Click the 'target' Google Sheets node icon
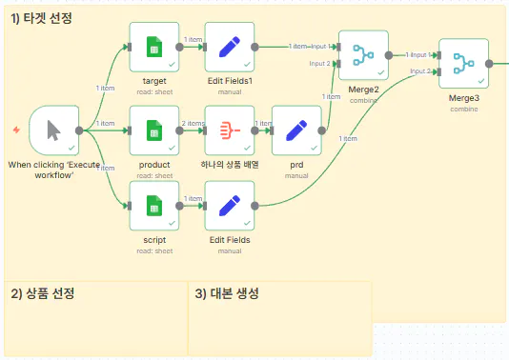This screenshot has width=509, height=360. pos(153,47)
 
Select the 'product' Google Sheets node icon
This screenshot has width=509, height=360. pos(153,130)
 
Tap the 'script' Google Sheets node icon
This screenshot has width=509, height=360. pos(153,206)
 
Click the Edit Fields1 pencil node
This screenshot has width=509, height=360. pos(230,47)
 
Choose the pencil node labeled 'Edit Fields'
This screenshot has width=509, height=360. pos(230,206)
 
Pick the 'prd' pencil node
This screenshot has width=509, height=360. pos(296,130)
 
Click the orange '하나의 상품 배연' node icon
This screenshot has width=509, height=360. pos(230,130)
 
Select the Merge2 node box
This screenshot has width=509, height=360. pos(363,55)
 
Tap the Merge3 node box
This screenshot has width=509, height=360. pos(463,64)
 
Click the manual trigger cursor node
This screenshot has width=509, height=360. pos(54,130)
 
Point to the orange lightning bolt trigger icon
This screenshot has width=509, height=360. pos(15,130)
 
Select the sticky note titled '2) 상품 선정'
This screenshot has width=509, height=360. pos(95,319)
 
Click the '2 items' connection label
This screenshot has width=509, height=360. pos(192,123)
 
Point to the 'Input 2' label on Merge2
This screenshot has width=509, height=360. pos(320,64)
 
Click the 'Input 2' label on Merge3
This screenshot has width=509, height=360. pos(420,71)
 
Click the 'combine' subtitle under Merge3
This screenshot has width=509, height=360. pos(463,109)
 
